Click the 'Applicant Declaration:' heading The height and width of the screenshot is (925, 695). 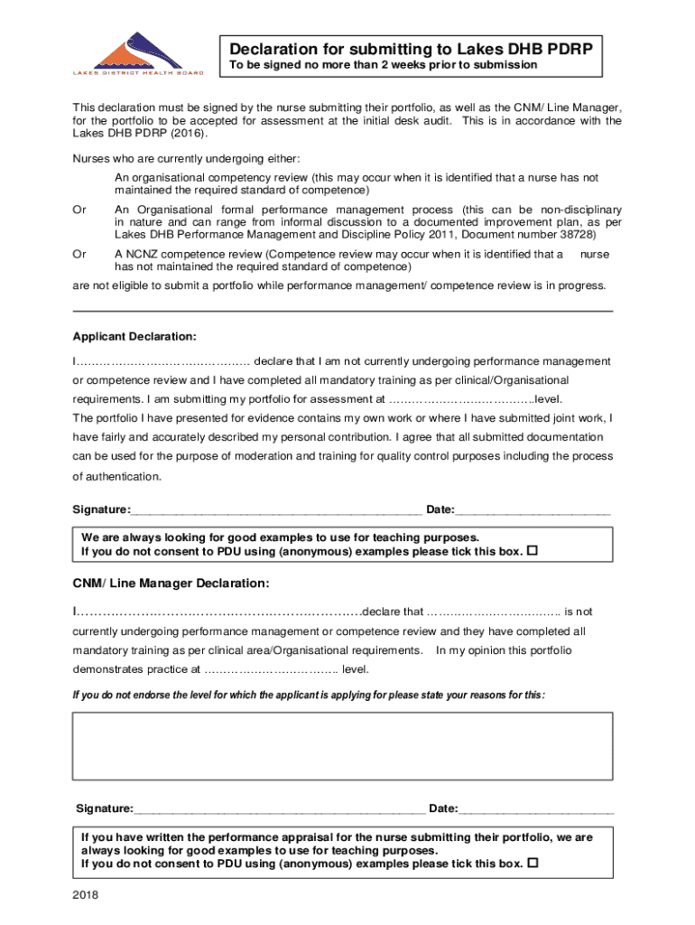134,337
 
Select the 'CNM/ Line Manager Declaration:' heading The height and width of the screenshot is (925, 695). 171,582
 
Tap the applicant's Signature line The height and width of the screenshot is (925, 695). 276,511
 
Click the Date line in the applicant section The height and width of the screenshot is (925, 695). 533,511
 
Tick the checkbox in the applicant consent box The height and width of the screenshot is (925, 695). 532,551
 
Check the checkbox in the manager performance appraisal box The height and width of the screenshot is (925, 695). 532,864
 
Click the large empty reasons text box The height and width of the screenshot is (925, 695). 342,745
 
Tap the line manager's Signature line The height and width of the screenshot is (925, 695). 280,808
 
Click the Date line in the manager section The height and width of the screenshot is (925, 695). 536,808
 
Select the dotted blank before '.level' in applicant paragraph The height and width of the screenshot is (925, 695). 460,399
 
